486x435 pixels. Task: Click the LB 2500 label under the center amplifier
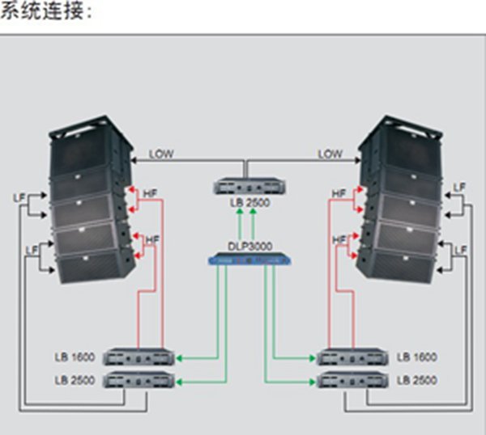pos(247,203)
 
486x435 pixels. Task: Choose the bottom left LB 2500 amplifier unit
pos(139,379)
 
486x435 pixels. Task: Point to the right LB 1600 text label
pos(417,357)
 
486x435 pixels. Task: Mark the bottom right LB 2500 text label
pos(417,379)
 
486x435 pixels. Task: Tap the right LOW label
pos(330,154)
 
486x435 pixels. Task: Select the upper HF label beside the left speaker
pos(151,194)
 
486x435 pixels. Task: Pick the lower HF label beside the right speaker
pos(339,240)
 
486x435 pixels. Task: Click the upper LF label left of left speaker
pos(20,198)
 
